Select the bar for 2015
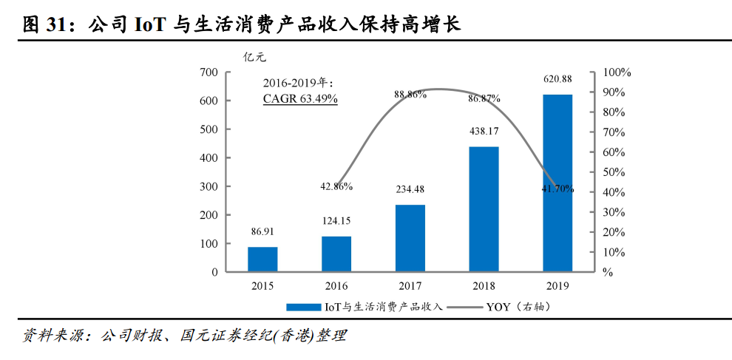pyautogui.click(x=262, y=259)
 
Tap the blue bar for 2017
pyautogui.click(x=410, y=238)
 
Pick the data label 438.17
pyautogui.click(x=484, y=131)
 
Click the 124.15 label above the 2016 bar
pyautogui.click(x=336, y=220)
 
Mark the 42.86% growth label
pyautogui.click(x=336, y=186)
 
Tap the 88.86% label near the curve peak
pyautogui.click(x=410, y=95)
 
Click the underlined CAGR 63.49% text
pyautogui.click(x=300, y=98)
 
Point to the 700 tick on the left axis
pyautogui.click(x=209, y=72)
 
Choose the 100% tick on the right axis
pyautogui.click(x=617, y=72)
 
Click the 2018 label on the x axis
pyautogui.click(x=484, y=286)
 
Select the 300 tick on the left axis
pyautogui.click(x=209, y=186)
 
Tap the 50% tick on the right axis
pyautogui.click(x=614, y=172)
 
